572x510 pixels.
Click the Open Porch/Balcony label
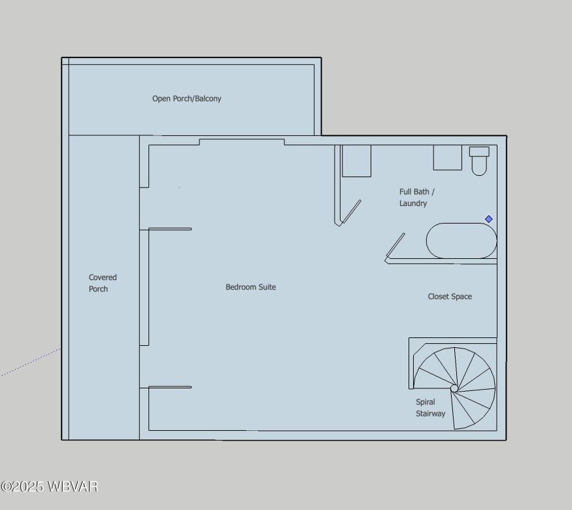[186, 99]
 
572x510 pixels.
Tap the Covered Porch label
[103, 283]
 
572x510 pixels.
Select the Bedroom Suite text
[250, 287]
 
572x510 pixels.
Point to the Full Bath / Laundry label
[416, 197]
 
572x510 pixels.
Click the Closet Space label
[450, 297]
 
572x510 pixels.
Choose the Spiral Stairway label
[430, 408]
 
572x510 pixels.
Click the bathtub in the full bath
[462, 241]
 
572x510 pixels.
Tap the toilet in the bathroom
[479, 163]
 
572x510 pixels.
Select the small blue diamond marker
[488, 219]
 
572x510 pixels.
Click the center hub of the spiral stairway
[454, 388]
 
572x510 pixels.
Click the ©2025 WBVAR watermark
[49, 487]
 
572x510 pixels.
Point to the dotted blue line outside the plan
[29, 362]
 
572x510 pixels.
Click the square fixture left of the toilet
[447, 158]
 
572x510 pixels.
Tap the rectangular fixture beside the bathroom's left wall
[356, 161]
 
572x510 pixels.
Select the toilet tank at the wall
[479, 152]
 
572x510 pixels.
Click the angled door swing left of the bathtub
[395, 246]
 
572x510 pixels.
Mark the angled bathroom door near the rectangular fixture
[351, 212]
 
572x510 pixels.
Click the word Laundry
[413, 203]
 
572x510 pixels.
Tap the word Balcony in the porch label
[208, 99]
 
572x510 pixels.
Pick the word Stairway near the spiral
[430, 414]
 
